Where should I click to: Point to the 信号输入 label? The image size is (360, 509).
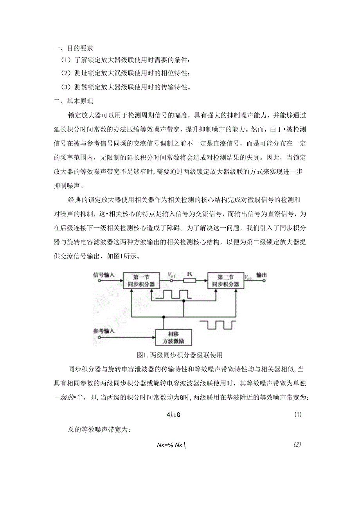click(x=104, y=275)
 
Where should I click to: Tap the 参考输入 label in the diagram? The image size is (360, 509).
click(x=104, y=331)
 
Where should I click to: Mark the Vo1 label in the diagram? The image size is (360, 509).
click(x=171, y=275)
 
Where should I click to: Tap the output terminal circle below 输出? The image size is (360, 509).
click(x=263, y=281)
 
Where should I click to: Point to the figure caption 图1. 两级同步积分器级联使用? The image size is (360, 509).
click(x=180, y=355)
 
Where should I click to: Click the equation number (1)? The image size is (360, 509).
click(x=297, y=415)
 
